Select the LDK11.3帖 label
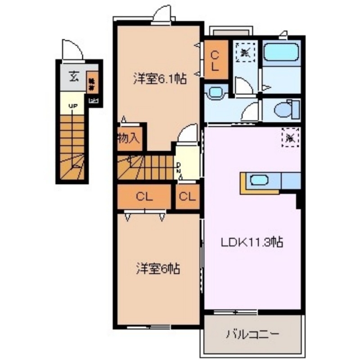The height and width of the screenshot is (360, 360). tap(252, 243)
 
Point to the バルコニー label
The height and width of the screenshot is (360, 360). tap(252, 334)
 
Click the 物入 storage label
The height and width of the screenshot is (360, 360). tap(128, 138)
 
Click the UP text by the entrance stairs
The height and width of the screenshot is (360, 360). tap(72, 106)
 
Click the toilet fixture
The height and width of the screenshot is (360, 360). tap(286, 108)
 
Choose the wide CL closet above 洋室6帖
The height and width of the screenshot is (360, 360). tap(144, 197)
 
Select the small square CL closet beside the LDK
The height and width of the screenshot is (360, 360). tap(187, 197)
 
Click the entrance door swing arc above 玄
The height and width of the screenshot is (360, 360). tap(72, 49)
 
